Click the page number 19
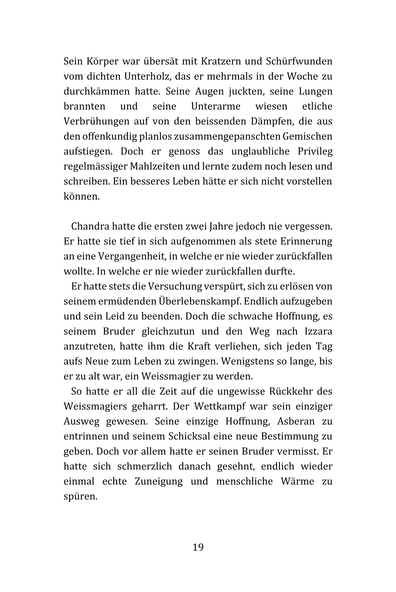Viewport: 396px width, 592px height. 198,547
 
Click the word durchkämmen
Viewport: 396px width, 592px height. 97,92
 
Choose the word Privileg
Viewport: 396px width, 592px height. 315,151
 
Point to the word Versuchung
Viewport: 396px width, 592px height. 175,286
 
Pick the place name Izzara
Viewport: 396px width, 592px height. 318,331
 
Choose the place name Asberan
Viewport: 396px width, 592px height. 296,421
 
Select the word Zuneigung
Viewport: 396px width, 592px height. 158,481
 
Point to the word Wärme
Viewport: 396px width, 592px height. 297,481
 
